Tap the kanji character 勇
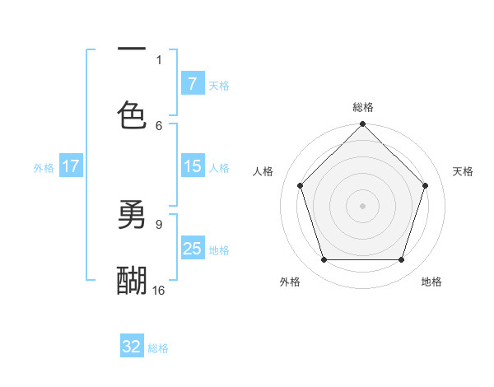click(132, 216)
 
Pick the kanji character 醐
click(132, 281)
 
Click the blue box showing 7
click(192, 83)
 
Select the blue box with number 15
click(192, 166)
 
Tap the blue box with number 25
click(192, 249)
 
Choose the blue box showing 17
click(71, 166)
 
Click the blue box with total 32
click(132, 347)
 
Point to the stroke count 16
click(159, 290)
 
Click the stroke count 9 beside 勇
click(159, 223)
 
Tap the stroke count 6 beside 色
click(159, 125)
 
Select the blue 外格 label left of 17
click(44, 167)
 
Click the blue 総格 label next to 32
click(158, 347)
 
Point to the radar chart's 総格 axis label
click(363, 107)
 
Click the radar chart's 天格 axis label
click(464, 171)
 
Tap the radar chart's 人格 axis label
click(263, 171)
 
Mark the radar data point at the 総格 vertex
click(363, 125)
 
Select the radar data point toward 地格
click(402, 260)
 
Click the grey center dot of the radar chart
click(363, 205)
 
